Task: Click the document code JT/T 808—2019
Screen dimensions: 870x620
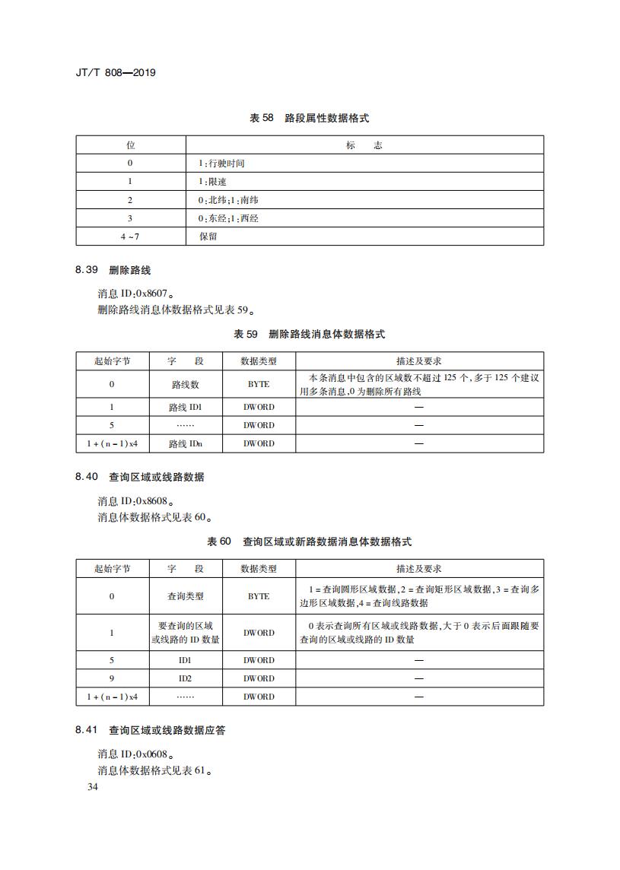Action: click(116, 73)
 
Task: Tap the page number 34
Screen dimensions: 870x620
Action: click(93, 787)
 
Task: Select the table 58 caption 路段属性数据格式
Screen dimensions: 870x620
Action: click(310, 119)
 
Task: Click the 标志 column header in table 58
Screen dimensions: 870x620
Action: click(364, 145)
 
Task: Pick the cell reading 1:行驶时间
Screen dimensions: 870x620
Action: click(221, 164)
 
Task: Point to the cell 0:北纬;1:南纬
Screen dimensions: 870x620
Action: click(228, 200)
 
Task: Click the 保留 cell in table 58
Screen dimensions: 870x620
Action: click(208, 237)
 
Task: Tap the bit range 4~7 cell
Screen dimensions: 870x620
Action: click(130, 237)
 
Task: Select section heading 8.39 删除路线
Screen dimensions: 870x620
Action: click(113, 271)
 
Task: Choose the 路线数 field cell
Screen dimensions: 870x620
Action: click(185, 385)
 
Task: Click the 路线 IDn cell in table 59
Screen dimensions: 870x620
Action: click(185, 443)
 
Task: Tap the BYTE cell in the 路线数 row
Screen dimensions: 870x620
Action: click(259, 385)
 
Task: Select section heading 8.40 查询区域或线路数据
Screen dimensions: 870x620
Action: click(140, 478)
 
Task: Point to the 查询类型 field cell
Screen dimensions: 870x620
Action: click(185, 596)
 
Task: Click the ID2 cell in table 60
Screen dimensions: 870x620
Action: click(185, 678)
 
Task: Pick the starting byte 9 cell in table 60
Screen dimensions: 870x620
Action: click(112, 678)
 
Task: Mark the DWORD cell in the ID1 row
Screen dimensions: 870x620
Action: click(259, 660)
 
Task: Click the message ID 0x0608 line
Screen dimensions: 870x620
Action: click(135, 754)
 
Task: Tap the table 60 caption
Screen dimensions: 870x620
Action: click(310, 542)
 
